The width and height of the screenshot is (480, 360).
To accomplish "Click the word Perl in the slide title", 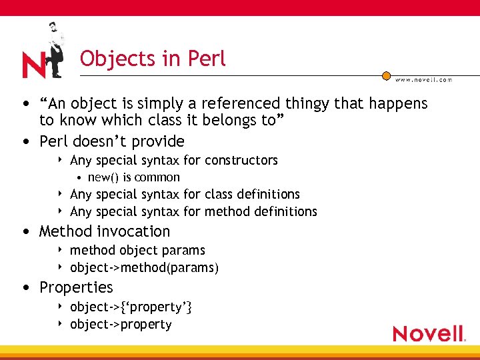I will (207, 59).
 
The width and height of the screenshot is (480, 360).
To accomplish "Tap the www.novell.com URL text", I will (423, 79).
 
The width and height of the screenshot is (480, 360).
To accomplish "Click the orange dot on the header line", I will (386, 75).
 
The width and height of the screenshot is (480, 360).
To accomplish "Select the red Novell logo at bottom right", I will (429, 333).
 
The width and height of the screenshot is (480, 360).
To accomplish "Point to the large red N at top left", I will (33, 65).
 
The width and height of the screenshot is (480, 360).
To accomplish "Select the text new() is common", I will (134, 177).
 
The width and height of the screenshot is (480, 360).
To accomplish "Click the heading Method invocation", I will (105, 231).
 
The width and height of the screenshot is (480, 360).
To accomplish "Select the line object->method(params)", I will (144, 267).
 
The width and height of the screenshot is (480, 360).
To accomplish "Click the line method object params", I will (137, 250).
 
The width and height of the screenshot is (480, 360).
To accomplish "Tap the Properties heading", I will (76, 287).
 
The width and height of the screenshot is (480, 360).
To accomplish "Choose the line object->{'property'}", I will (131, 307).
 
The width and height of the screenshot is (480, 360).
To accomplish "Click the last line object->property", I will (121, 324).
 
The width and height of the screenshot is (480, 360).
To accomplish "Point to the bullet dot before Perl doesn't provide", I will (25, 141).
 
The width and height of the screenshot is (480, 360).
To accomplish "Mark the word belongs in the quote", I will (213, 121).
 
